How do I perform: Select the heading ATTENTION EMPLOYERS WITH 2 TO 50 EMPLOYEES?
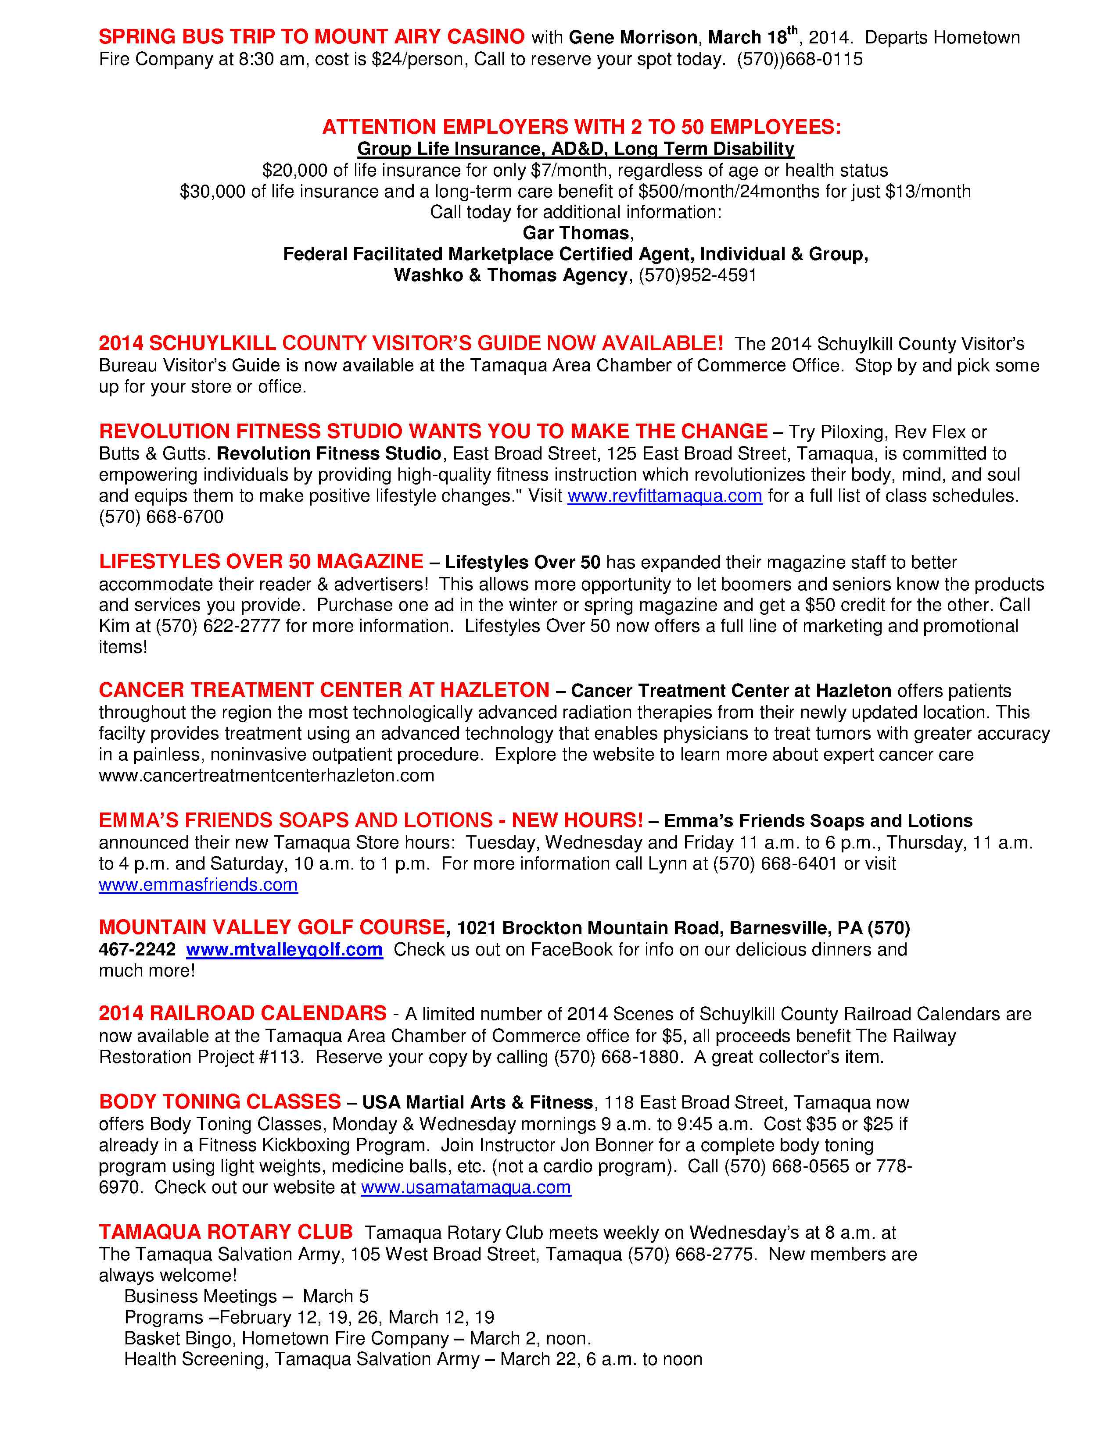click(x=581, y=127)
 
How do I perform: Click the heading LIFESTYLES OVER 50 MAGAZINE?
click(x=261, y=561)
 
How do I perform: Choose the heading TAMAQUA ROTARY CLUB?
click(x=226, y=1232)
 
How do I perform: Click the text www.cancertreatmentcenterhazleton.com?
click(x=266, y=775)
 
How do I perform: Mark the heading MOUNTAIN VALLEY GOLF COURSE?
click(x=272, y=927)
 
